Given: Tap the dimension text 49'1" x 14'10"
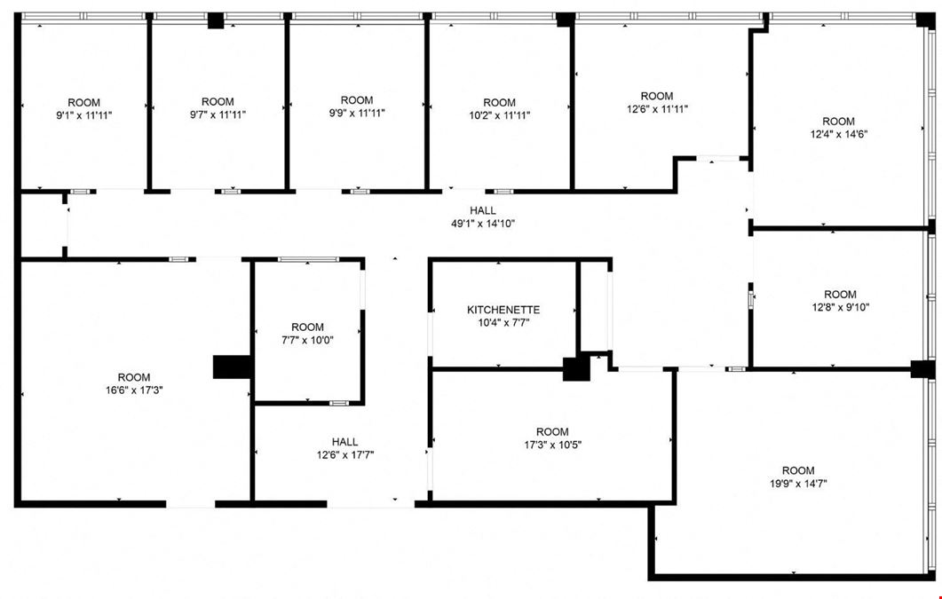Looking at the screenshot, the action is [483, 224].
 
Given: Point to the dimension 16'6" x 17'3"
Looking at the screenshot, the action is [133, 390].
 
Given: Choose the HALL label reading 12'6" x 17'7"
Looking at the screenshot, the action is [345, 448].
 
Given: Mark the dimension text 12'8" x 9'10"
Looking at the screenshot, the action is [840, 307].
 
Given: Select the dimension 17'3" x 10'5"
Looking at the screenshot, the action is [552, 445].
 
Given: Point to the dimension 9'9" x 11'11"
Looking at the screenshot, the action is [357, 112].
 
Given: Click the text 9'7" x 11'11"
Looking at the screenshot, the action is [218, 114].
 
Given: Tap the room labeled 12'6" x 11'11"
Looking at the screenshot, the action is [657, 103].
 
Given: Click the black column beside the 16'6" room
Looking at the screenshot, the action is [232, 366].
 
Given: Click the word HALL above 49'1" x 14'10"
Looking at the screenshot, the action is [483, 210].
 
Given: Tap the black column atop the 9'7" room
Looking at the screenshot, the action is [216, 20].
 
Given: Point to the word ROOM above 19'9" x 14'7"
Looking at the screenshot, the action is [798, 470].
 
